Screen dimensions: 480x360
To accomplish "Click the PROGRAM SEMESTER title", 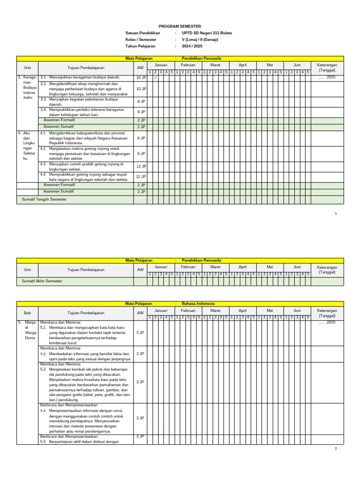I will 180,27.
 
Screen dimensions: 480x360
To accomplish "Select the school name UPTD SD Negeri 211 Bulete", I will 207,33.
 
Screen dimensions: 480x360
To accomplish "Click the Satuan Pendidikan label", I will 142,33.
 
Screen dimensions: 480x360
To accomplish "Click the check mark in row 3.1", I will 155,77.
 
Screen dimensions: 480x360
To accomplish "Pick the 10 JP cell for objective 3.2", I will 141,89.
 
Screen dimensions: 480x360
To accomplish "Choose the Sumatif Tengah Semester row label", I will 45,200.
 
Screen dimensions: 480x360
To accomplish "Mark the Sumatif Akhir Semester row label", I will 42,281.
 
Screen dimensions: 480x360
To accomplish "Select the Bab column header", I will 27,313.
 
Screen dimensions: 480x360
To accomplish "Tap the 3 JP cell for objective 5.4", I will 140,418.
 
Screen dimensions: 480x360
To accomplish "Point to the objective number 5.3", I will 43,369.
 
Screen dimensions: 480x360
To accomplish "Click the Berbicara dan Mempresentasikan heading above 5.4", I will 68,405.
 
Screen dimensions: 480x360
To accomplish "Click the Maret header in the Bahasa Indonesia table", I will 215,310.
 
